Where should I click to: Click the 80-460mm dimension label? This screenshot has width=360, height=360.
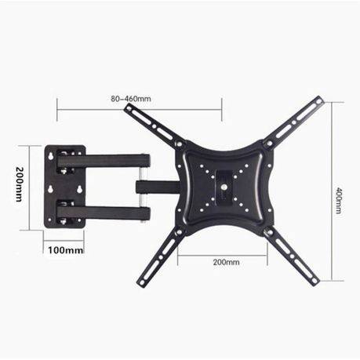tap(131, 99)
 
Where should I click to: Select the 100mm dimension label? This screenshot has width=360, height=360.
tap(64, 250)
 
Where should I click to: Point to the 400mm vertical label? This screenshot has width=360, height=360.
tap(338, 202)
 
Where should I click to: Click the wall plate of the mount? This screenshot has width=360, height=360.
tap(64, 186)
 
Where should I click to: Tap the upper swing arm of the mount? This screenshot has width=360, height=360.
tap(106, 160)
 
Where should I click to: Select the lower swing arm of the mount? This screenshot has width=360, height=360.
tap(106, 211)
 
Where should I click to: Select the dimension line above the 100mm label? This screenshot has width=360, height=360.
tap(64, 242)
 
